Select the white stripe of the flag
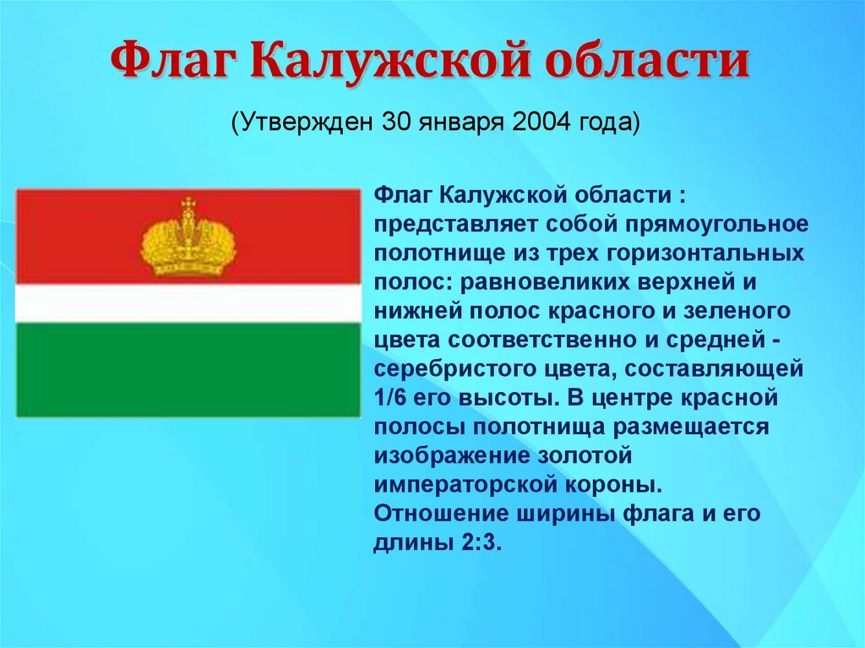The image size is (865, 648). [x=188, y=303]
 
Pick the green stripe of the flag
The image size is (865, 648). [x=188, y=370]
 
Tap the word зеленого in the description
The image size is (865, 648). [x=737, y=311]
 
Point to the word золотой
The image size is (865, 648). [x=583, y=456]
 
